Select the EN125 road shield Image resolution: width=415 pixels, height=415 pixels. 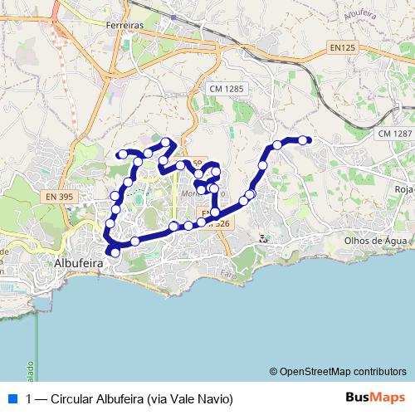(x=342, y=48)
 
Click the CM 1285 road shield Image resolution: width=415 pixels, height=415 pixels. (x=227, y=89)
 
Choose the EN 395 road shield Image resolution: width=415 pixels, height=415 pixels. (x=60, y=197)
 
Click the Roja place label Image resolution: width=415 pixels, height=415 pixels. (x=404, y=189)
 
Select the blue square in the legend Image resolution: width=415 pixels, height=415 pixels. (x=11, y=398)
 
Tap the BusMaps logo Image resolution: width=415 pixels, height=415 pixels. (x=375, y=398)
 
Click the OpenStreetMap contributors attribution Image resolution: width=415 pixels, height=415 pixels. (x=343, y=371)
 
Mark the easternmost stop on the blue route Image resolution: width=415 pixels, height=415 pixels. (x=303, y=140)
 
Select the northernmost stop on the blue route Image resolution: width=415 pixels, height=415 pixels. (x=166, y=142)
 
